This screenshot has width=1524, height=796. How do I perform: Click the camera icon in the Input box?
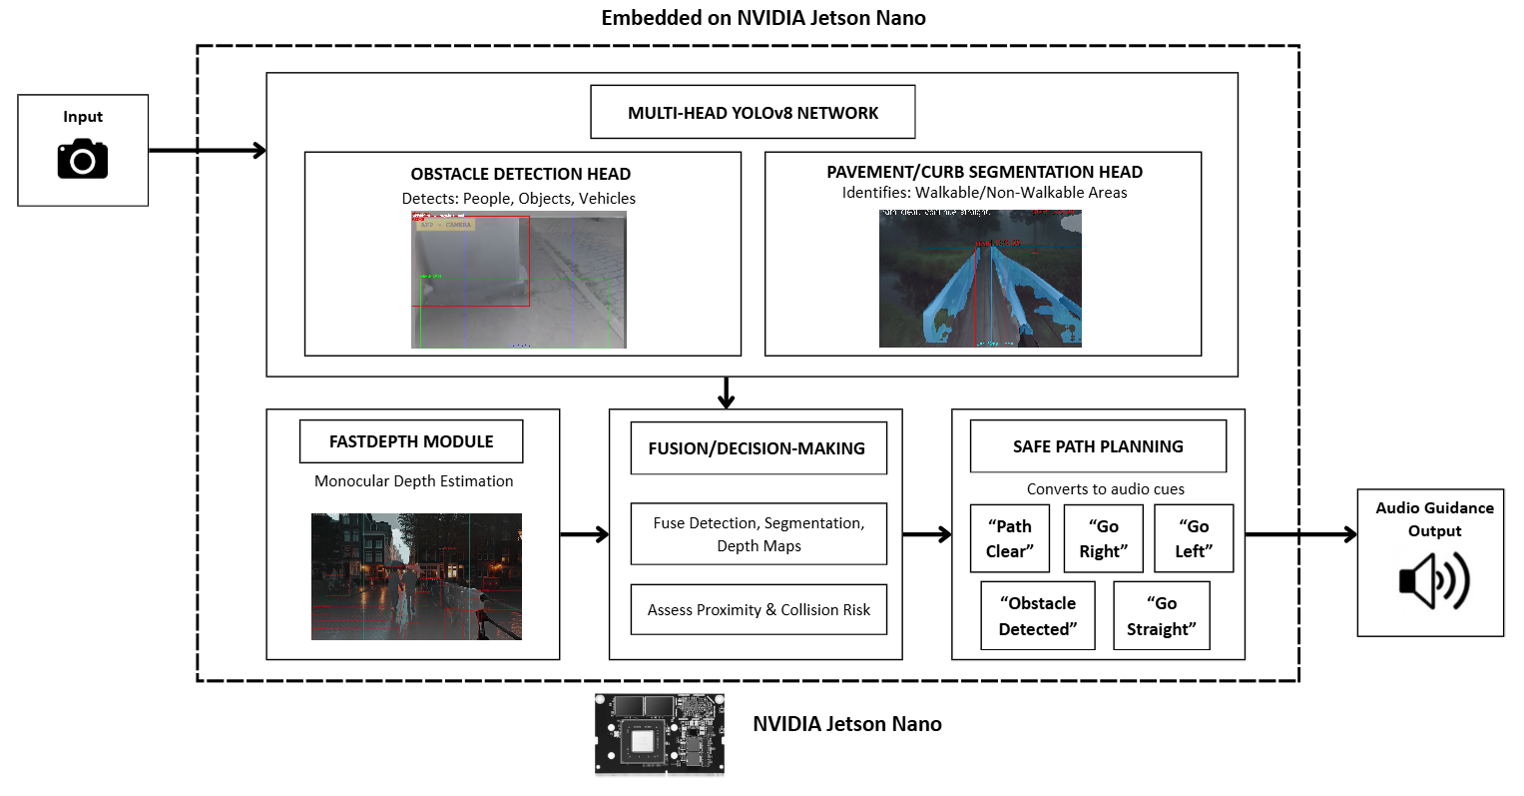point(82,159)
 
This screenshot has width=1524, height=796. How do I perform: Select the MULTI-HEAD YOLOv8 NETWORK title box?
point(753,112)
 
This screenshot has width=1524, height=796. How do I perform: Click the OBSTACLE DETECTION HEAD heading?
point(520,174)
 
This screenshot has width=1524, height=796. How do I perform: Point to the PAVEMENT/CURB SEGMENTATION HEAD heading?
point(984,172)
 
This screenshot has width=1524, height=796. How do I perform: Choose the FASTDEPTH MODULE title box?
point(411,441)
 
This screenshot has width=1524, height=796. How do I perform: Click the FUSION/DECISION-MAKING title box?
point(758,448)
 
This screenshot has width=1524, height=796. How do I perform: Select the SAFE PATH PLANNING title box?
point(1098,446)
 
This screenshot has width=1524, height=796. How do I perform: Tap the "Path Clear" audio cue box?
point(1009,538)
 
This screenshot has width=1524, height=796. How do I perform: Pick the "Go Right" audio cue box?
point(1103,538)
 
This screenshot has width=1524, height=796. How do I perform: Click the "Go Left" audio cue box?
point(1194,538)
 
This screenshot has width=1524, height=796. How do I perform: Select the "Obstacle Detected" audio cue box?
point(1038,615)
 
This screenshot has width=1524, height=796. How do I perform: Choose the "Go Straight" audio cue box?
point(1161,615)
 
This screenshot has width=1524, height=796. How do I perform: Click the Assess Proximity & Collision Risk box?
point(759,609)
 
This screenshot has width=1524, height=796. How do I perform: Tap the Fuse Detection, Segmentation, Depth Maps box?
point(759,534)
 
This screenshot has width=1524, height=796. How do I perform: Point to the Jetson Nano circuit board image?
point(660,734)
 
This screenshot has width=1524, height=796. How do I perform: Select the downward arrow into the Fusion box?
point(727,393)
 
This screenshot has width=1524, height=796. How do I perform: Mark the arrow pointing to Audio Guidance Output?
point(1300,534)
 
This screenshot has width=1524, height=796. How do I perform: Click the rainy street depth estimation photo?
point(416,576)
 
